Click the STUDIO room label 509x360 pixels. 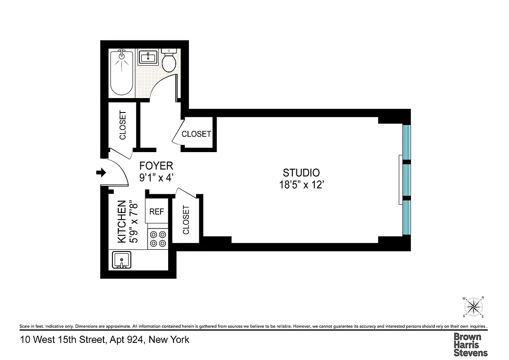(x=301, y=172)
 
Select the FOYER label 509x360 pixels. (x=156, y=166)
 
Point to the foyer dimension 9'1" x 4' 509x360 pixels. (x=156, y=177)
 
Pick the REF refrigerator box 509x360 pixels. (x=156, y=211)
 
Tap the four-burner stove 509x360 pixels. (x=158, y=238)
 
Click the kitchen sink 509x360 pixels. (x=121, y=260)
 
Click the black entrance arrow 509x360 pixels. (x=101, y=172)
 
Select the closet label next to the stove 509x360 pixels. (x=186, y=220)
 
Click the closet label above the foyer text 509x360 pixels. (x=196, y=134)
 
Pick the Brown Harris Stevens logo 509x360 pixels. (x=470, y=344)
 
